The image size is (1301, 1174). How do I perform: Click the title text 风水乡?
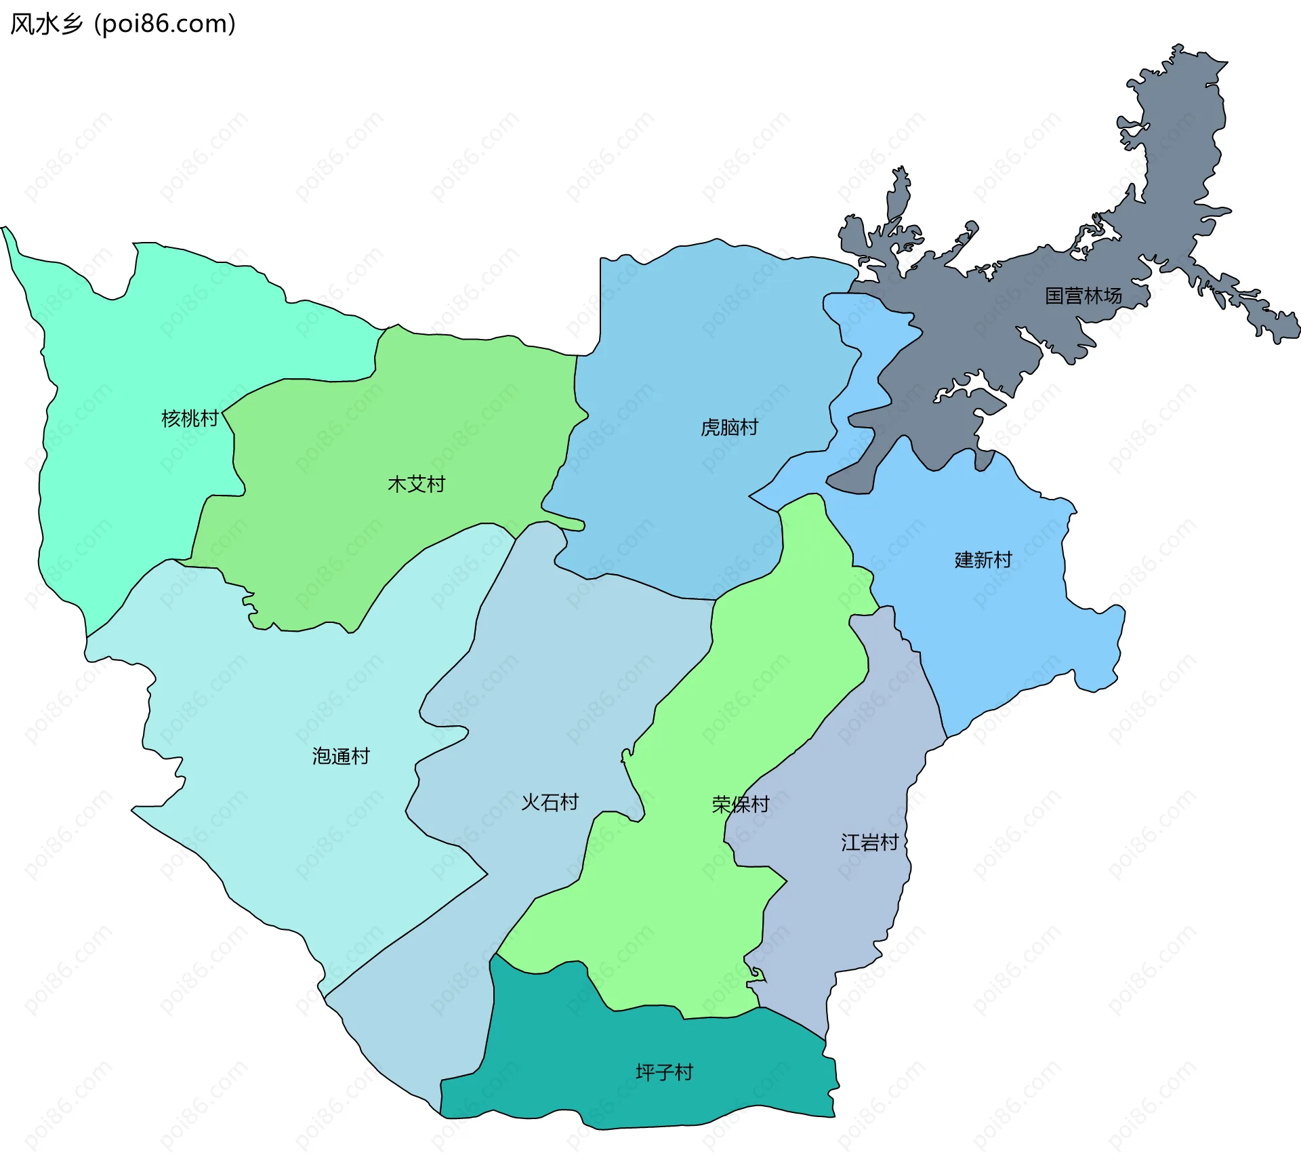[46, 24]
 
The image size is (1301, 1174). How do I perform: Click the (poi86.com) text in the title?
[165, 24]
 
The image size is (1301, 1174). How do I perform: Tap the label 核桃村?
[190, 418]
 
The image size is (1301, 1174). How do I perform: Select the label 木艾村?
[416, 484]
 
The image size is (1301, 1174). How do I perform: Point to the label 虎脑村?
[729, 427]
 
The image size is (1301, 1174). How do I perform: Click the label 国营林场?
[1083, 296]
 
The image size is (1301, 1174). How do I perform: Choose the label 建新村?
[983, 559]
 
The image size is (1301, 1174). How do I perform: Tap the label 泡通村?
[341, 756]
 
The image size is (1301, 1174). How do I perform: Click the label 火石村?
[550, 803]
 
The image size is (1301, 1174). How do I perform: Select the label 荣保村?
[741, 805]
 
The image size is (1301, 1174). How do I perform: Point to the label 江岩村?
[870, 843]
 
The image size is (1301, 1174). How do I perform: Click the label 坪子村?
[664, 1072]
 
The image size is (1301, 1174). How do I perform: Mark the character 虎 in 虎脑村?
[710, 427]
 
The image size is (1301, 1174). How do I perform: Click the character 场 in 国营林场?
[1112, 296]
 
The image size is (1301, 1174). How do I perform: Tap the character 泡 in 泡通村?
[322, 756]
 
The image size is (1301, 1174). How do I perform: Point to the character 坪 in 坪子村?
[645, 1072]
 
